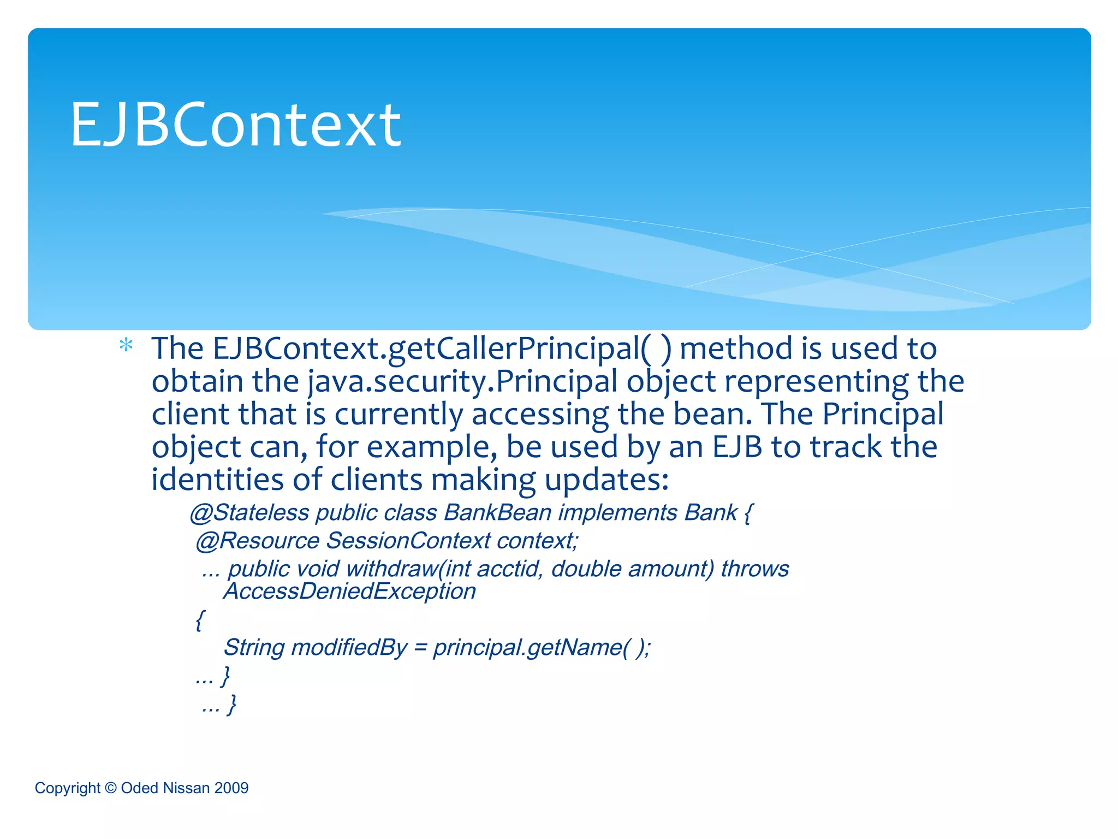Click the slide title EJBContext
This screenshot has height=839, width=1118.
point(236,125)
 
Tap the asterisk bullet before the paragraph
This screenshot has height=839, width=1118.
point(126,346)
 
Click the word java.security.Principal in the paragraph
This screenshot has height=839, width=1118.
point(462,381)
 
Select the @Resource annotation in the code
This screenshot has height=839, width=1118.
point(258,541)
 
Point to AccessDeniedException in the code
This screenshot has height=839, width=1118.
point(349,592)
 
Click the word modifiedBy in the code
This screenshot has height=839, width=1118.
point(349,648)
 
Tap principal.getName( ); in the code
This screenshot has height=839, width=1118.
point(542,648)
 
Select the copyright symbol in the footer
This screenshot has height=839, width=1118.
point(111,788)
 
